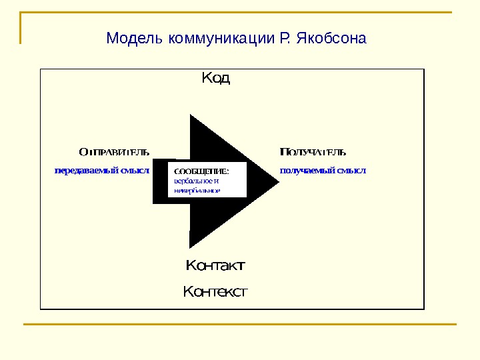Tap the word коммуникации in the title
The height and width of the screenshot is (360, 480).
(x=220, y=38)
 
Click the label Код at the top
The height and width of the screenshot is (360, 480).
(x=215, y=79)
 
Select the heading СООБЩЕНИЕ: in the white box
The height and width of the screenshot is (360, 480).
(x=201, y=171)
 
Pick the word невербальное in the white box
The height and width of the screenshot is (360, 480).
(x=197, y=190)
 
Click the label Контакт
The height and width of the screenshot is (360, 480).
(x=215, y=266)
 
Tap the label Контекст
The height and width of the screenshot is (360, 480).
(x=215, y=291)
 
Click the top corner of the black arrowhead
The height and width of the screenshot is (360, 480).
(x=191, y=115)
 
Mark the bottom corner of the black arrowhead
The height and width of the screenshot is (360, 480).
(x=190, y=247)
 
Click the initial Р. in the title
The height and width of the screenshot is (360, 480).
(x=282, y=38)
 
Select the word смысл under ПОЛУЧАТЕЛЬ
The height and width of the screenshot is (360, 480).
(x=352, y=170)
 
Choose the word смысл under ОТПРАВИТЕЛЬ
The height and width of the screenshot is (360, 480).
(x=135, y=170)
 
